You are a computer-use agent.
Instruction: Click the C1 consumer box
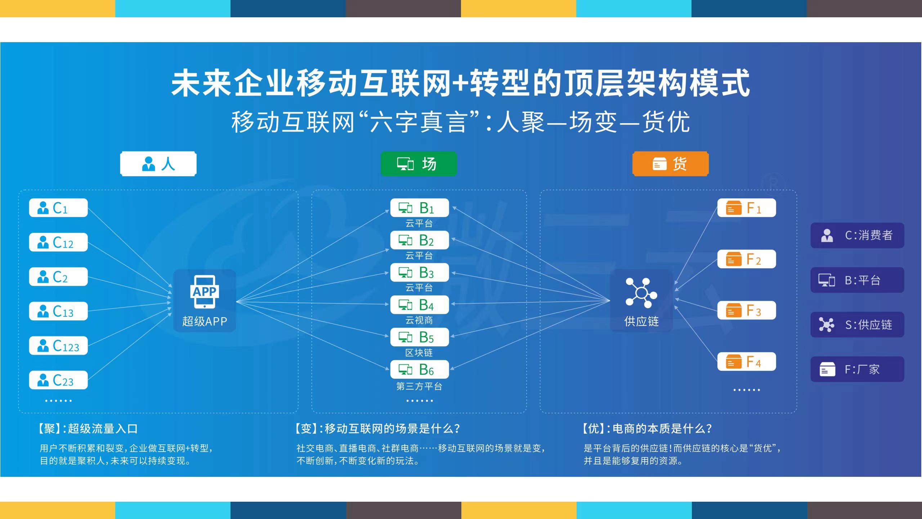[x=58, y=208]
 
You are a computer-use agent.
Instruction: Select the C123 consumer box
[x=58, y=346]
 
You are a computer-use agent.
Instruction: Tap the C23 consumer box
[x=58, y=380]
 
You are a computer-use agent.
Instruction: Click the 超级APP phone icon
[x=205, y=292]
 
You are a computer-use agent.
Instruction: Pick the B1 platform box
[x=419, y=208]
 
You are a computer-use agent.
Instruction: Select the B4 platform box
[x=419, y=305]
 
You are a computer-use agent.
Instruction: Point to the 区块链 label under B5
[x=419, y=352]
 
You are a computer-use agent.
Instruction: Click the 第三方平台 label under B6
[x=419, y=386]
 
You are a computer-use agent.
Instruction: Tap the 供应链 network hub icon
[x=641, y=293]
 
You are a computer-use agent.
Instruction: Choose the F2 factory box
[x=746, y=259]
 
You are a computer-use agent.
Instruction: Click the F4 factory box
[x=746, y=361]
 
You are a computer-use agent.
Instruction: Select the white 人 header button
[x=158, y=164]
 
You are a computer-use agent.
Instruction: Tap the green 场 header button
[x=419, y=164]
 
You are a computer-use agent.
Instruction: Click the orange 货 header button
[x=670, y=164]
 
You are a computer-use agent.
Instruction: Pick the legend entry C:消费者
[x=857, y=235]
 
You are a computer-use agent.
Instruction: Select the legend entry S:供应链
[x=857, y=325]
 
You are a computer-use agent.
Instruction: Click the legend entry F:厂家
[x=857, y=369]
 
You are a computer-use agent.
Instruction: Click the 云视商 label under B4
[x=419, y=320]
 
